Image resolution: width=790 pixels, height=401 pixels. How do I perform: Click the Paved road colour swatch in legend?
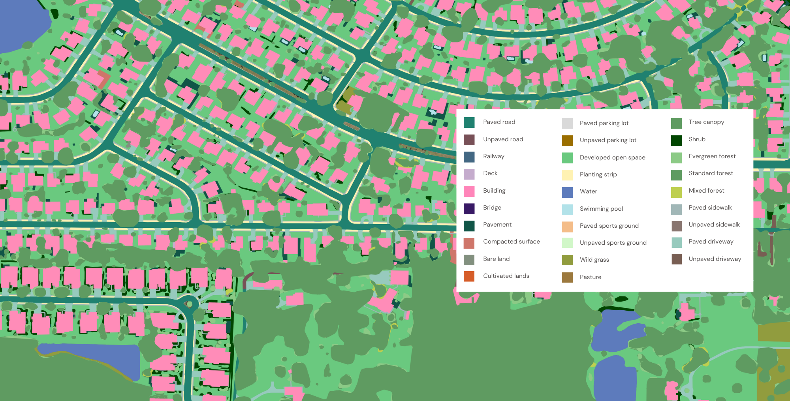(x=469, y=123)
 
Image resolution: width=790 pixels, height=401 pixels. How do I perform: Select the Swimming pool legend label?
(x=601, y=209)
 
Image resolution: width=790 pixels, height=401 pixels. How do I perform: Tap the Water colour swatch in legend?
(x=567, y=192)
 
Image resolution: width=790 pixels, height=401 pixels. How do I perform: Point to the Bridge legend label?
(x=492, y=208)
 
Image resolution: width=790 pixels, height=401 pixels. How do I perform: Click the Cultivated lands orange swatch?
(x=469, y=276)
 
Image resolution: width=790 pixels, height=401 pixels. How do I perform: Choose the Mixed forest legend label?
(x=706, y=191)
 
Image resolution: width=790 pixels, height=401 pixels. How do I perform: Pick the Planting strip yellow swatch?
(x=567, y=175)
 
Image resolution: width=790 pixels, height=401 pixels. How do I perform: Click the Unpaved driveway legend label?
(x=715, y=259)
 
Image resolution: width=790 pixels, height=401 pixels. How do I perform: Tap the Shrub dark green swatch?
(x=676, y=140)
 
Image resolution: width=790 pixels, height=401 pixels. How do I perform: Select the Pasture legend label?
(x=590, y=277)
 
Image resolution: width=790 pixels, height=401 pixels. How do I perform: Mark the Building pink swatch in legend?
(x=469, y=191)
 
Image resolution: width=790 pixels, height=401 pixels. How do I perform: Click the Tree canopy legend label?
(x=706, y=122)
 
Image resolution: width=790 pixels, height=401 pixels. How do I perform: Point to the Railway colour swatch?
(x=469, y=157)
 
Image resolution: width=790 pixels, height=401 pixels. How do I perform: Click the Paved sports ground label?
(x=609, y=226)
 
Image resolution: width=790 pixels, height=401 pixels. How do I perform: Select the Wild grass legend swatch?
(x=567, y=260)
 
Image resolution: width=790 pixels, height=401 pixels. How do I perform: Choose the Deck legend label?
(x=490, y=173)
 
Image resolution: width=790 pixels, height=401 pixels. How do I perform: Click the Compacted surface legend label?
(x=511, y=242)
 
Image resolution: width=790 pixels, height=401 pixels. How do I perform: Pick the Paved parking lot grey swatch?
(x=567, y=124)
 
